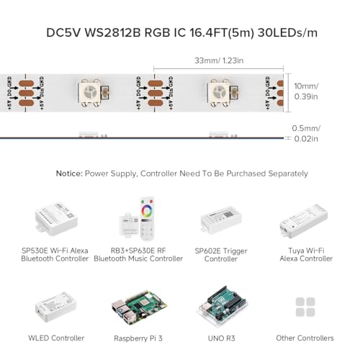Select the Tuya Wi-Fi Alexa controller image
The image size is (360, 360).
click(x=305, y=217)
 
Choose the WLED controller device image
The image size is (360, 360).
click(x=54, y=306)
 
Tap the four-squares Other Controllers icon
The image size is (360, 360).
click(x=305, y=305)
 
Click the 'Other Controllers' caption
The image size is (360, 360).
click(x=305, y=338)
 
